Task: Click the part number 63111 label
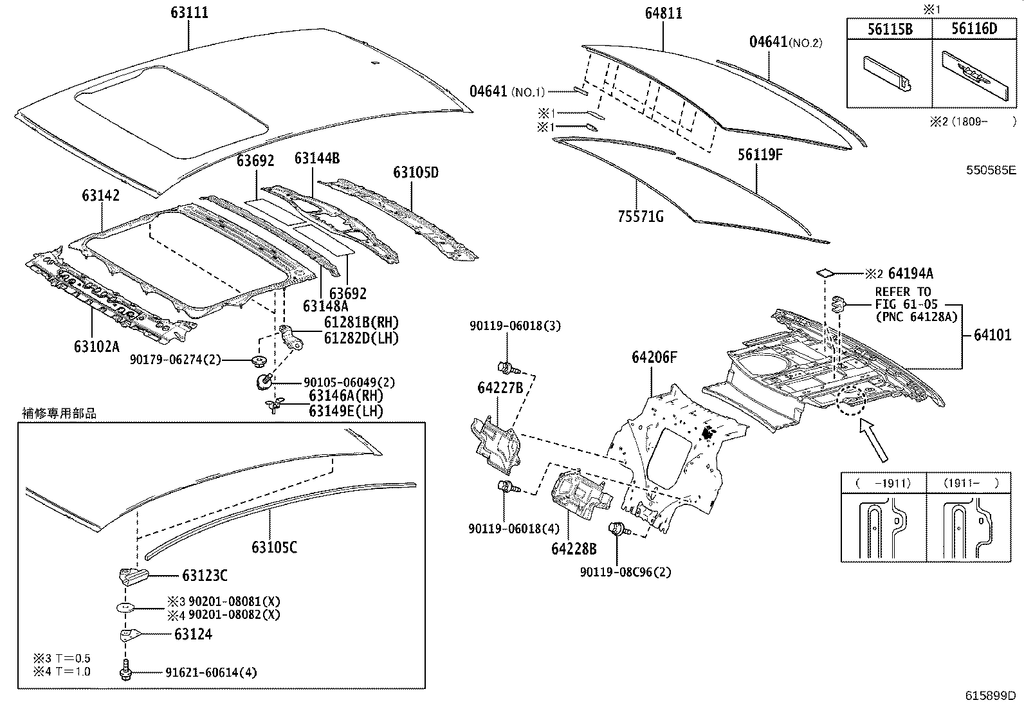coord(189,13)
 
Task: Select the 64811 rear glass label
coord(663,13)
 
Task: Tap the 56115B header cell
coord(890,29)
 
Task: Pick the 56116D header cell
coord(974,29)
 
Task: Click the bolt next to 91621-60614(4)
coord(125,671)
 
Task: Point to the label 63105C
coord(275,547)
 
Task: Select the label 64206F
coord(654,357)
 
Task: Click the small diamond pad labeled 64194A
coord(825,273)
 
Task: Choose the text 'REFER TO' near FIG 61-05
coord(902,292)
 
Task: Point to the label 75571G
coord(640,217)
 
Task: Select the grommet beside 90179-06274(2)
coord(260,360)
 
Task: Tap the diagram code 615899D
coord(990,695)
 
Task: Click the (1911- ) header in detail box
coord(971,482)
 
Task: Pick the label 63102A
coord(96,346)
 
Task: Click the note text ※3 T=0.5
coord(62,658)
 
